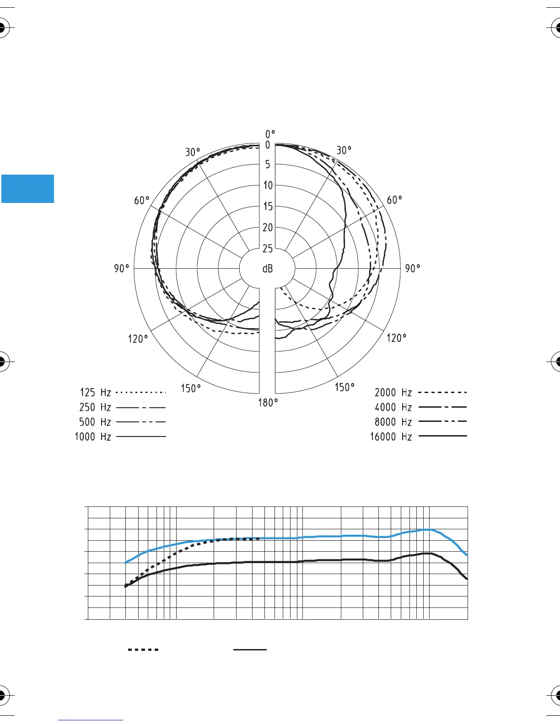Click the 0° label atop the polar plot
(270, 134)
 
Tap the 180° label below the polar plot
(268, 403)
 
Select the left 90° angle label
(121, 268)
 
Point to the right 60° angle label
(394, 200)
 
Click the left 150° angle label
(191, 388)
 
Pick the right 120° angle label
(396, 338)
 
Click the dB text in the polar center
(268, 269)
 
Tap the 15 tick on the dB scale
(268, 206)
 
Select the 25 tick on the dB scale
(268, 249)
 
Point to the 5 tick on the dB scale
(268, 164)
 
